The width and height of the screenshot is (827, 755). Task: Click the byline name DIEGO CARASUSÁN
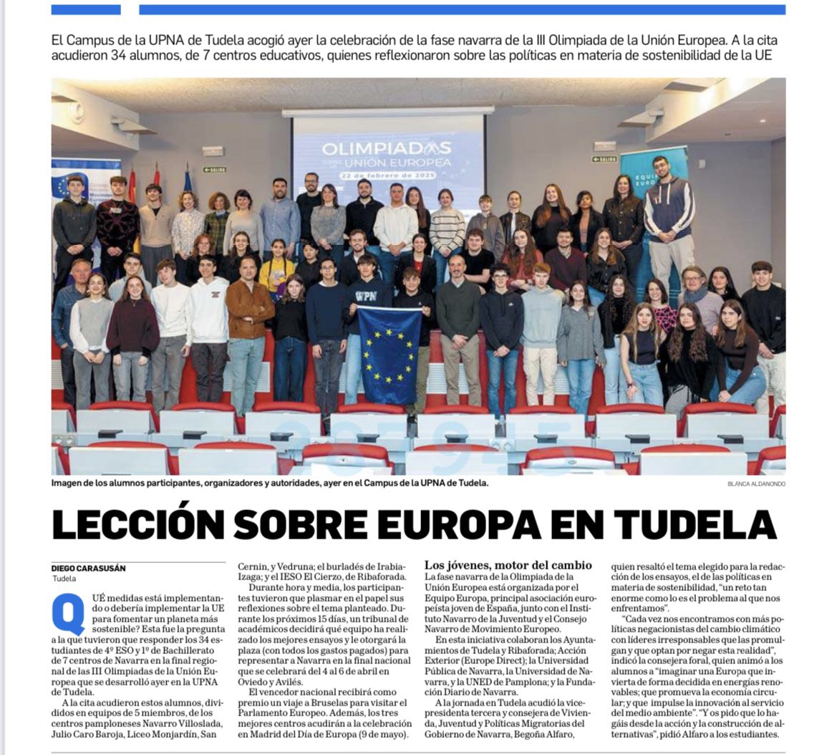click(88, 568)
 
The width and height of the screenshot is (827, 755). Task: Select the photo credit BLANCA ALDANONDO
click(755, 484)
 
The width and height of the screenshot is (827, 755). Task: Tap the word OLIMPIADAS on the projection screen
click(387, 149)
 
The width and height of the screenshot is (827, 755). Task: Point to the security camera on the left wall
click(77, 110)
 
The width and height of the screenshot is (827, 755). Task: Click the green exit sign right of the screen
click(605, 158)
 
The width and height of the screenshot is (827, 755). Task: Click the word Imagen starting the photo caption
click(68, 484)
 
